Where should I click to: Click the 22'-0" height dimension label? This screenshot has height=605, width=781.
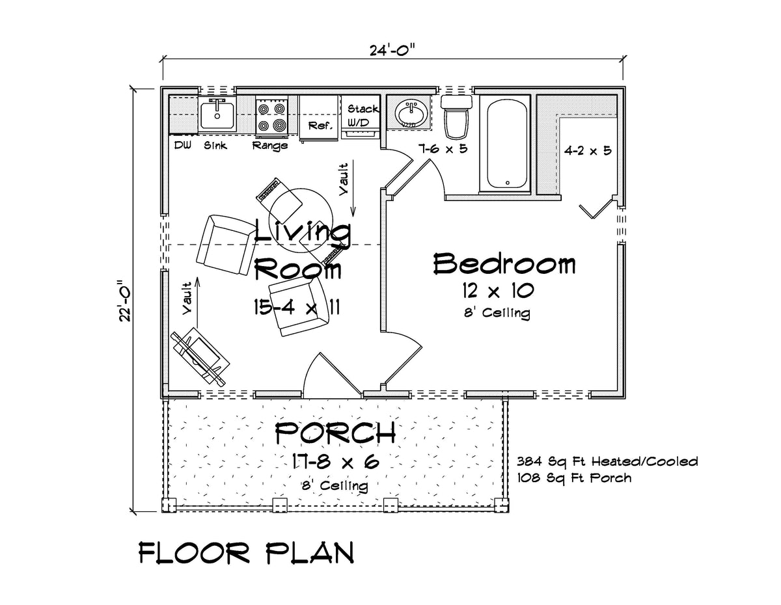126,301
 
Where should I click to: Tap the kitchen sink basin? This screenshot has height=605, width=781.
217,116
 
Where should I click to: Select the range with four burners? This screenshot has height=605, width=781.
271,116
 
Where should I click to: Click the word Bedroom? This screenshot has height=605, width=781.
504,265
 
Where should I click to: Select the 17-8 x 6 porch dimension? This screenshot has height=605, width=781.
335,463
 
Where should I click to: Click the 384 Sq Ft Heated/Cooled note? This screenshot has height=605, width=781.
607,462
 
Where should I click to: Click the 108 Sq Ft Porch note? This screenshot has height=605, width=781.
573,477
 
